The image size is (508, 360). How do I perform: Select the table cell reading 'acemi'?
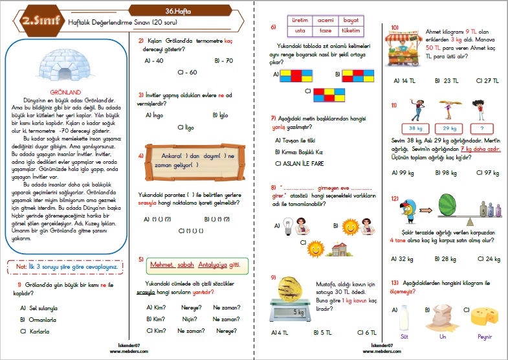(326, 20)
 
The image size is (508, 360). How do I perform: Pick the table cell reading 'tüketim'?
(350, 30)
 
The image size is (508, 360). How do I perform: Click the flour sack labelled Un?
(443, 319)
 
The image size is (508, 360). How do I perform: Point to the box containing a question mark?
(480, 128)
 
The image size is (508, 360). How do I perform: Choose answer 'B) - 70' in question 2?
(222, 61)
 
